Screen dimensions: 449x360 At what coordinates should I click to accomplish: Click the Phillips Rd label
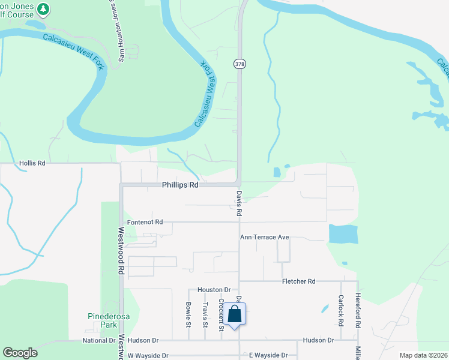179,185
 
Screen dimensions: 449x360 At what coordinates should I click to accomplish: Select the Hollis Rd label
32,163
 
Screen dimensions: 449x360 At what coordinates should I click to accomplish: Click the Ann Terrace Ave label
265,237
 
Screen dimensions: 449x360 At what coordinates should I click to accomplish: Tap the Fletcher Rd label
298,281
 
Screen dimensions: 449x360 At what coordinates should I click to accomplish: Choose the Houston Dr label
214,289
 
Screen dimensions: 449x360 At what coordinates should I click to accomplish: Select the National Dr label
99,340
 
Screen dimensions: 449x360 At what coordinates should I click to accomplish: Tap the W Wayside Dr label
148,355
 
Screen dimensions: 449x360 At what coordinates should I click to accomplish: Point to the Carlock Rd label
340,310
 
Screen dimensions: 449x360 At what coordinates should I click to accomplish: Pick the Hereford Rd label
357,310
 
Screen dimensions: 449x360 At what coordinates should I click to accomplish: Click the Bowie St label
188,315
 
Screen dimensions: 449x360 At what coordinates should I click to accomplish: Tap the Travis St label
205,315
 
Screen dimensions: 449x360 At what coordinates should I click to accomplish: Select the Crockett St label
221,314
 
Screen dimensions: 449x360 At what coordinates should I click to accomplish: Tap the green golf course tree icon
43,8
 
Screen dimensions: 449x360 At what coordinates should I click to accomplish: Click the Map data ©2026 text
424,355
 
